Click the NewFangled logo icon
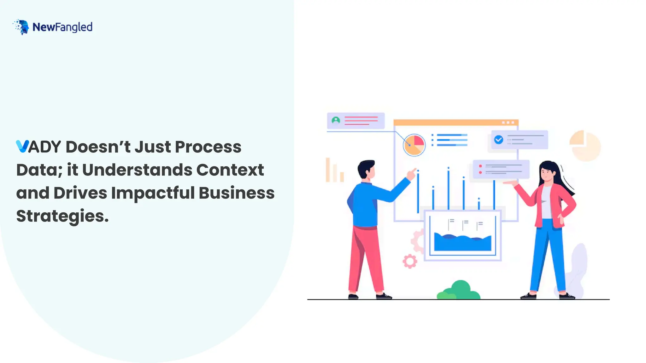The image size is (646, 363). tap(21, 27)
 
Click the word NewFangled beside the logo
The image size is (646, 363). tap(62, 27)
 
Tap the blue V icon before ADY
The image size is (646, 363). tap(22, 147)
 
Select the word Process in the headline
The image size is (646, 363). tap(208, 147)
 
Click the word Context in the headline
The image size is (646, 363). tap(230, 170)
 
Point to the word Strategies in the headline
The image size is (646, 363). tap(62, 216)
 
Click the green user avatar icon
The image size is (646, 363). tap(336, 120)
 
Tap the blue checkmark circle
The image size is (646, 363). tap(499, 140)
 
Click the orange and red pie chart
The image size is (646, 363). tap(414, 145)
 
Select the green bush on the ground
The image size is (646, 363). tap(459, 291)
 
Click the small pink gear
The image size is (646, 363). tap(410, 261)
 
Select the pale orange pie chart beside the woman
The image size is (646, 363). tap(585, 146)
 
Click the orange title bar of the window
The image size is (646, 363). tap(455, 122)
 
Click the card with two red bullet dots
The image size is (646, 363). tap(501, 170)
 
